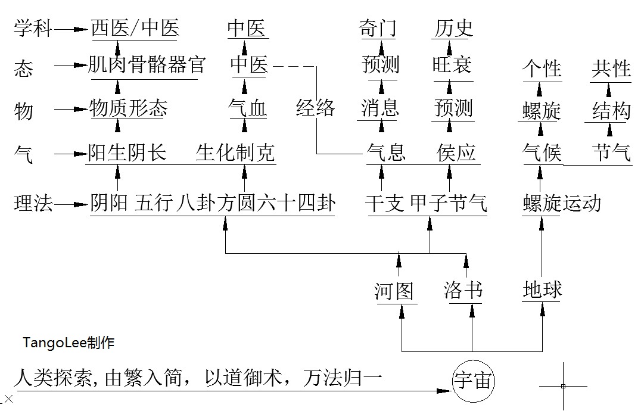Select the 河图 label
coord(394,291)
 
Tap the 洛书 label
coord(463,291)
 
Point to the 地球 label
coord(542,290)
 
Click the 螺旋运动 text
coord(561,204)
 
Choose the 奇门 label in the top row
coord(378,28)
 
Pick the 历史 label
coord(453,28)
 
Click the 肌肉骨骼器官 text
coord(147,64)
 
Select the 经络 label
coord(316,108)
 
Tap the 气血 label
coord(248,108)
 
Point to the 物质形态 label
coord(128,108)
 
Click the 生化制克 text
coord(235,153)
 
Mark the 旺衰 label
coord(452,64)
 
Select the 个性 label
coord(542,68)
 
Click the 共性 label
coord(611,68)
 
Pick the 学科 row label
coord(33,29)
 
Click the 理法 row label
coord(33,204)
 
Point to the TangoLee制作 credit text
coord(69,343)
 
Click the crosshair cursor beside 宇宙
coord(563,386)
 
